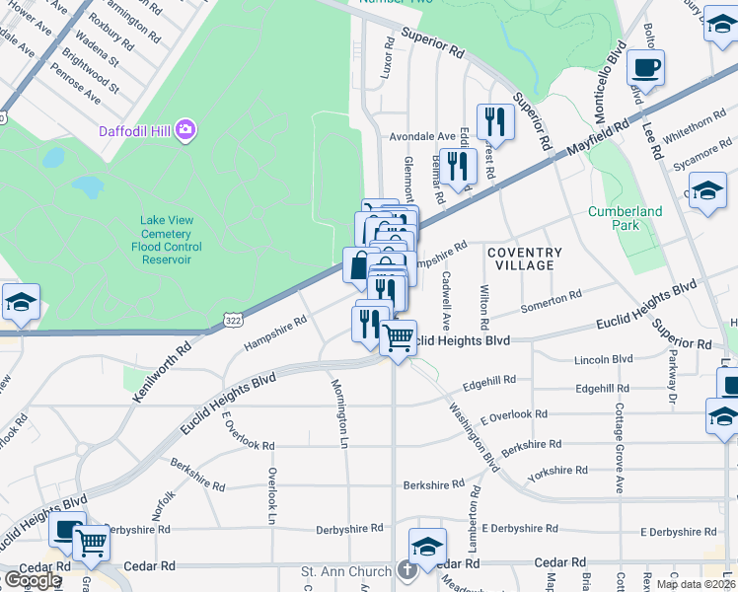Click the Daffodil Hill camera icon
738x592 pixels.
(x=184, y=130)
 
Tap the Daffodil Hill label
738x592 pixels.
(x=134, y=130)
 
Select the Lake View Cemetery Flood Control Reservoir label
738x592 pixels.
(x=166, y=240)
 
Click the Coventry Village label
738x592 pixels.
(x=525, y=259)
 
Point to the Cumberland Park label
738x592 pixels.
(x=625, y=218)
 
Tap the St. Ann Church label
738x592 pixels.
(x=347, y=571)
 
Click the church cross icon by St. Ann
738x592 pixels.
(x=407, y=571)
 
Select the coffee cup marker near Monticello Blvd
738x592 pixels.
(x=646, y=68)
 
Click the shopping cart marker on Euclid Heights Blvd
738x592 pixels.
(x=398, y=338)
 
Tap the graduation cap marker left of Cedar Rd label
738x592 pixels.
(x=427, y=547)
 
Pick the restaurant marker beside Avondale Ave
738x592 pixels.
(x=491, y=122)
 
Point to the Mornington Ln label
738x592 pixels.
(x=339, y=413)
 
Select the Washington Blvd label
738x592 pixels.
(x=474, y=435)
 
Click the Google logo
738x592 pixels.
(x=32, y=579)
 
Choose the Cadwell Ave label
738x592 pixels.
(x=446, y=301)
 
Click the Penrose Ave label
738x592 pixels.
(x=77, y=86)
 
